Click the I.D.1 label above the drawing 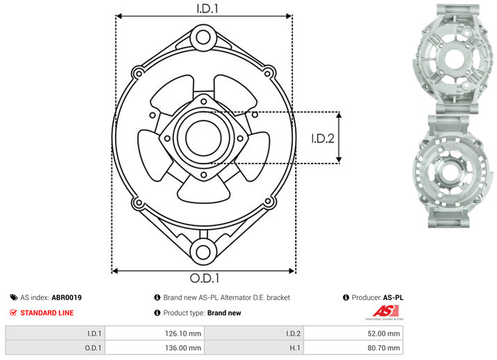tap(207, 8)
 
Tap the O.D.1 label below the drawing tap(205, 278)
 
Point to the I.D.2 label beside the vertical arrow tap(322, 139)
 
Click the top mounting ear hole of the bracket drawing tap(203, 38)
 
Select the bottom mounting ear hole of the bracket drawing tap(203, 252)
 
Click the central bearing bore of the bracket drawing tap(203, 138)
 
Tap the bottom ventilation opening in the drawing tap(203, 190)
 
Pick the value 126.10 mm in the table tap(183, 334)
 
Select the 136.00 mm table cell tap(155, 348)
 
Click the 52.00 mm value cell tap(354, 334)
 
